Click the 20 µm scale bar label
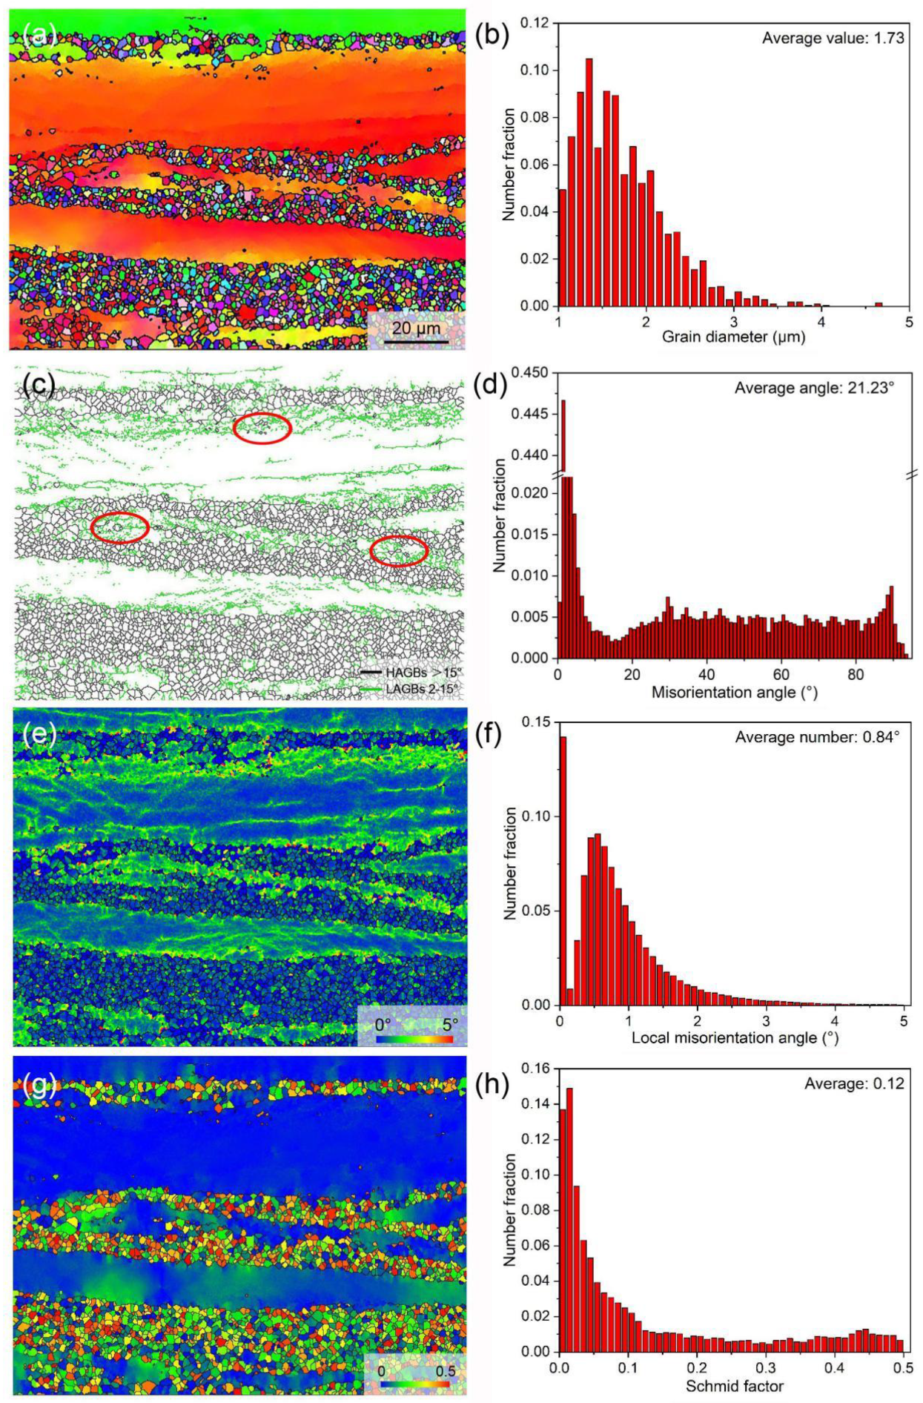click(416, 329)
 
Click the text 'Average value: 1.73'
click(833, 38)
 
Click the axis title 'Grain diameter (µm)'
click(732, 337)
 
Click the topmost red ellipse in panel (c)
click(262, 428)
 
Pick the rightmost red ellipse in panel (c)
click(399, 551)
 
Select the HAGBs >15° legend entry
click(411, 672)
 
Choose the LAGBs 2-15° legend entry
click(411, 689)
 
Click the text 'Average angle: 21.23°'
click(813, 388)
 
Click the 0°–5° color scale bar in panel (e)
click(414, 1039)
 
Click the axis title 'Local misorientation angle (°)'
click(735, 1037)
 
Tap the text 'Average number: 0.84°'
click(817, 737)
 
